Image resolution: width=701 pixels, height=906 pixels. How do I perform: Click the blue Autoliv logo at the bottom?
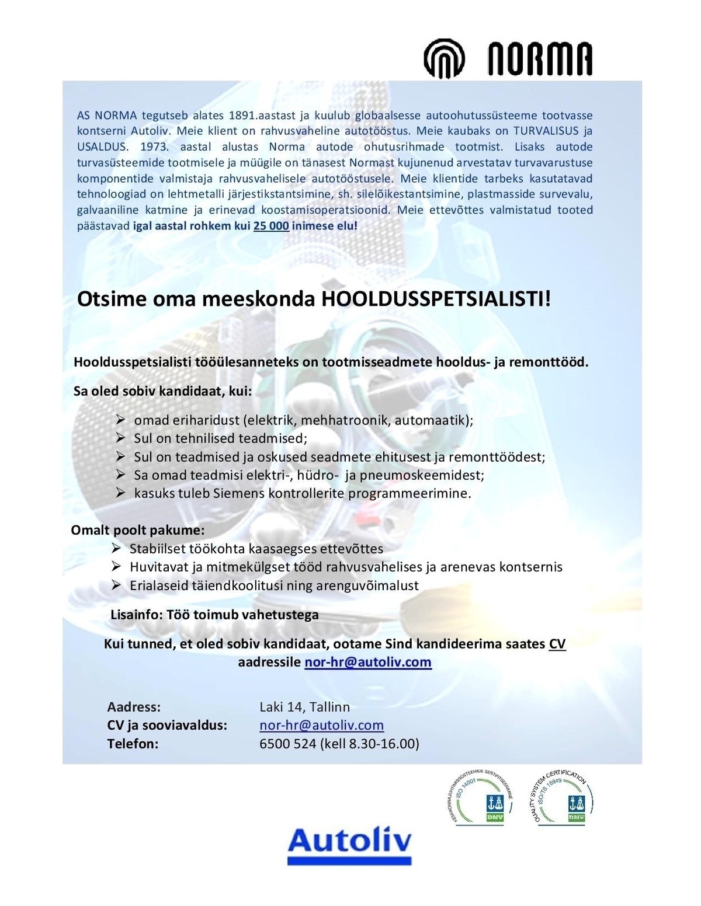[349, 844]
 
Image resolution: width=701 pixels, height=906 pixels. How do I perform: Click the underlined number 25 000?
[271, 226]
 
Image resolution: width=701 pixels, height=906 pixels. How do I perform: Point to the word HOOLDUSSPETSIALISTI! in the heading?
[435, 299]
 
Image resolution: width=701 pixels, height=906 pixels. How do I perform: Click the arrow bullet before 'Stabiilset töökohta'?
[117, 548]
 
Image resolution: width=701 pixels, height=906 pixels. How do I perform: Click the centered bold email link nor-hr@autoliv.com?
[367, 662]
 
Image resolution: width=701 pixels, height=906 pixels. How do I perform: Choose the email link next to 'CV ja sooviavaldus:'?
[321, 725]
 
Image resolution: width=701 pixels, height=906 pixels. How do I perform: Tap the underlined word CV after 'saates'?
[557, 644]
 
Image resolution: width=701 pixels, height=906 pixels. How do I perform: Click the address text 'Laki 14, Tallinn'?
[304, 707]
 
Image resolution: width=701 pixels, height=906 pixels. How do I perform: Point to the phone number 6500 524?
[287, 744]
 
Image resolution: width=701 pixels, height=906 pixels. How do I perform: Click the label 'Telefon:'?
[133, 744]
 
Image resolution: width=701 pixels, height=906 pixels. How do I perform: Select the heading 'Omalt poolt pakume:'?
[138, 531]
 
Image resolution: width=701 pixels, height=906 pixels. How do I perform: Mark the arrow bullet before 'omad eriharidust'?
[121, 420]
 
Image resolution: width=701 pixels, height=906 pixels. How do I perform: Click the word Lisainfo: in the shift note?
[137, 615]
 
